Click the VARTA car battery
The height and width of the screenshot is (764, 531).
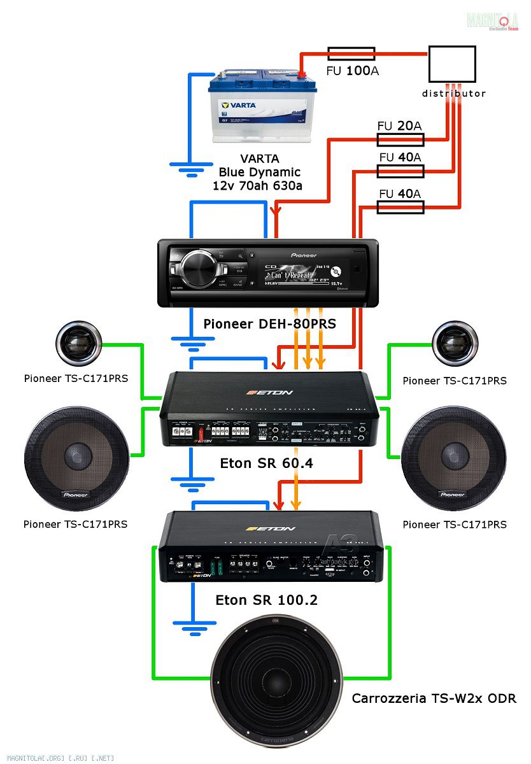[x=262, y=108]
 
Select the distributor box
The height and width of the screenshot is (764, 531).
[x=451, y=64]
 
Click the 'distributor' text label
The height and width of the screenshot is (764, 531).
[x=454, y=94]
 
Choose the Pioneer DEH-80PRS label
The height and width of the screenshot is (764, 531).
[x=269, y=324]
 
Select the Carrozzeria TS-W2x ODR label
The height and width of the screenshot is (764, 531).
[x=434, y=698]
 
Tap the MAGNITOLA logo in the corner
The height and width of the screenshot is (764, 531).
[x=493, y=21]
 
